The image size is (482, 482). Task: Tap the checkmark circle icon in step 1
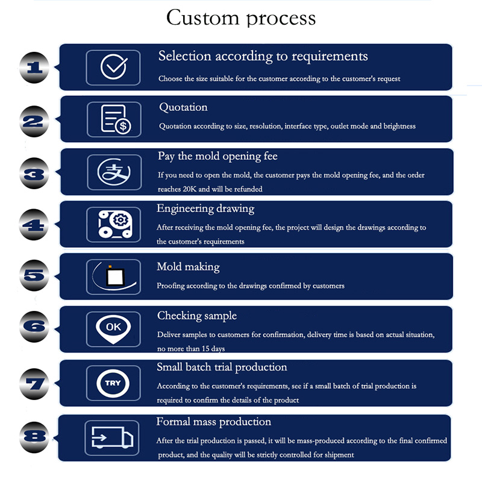pos(114,67)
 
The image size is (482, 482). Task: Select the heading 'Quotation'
pos(183,108)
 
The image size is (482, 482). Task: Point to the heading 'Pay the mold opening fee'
pos(218,157)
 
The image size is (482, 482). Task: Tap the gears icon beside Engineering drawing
pos(114,224)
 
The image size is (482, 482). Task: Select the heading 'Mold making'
pos(188,267)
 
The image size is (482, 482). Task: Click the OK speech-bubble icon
pos(114,328)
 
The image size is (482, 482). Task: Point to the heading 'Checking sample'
pos(197,316)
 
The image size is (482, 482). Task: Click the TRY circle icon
pos(114,383)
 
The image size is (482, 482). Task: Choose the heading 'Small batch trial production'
pos(222,368)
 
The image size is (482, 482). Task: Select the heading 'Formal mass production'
pos(214,422)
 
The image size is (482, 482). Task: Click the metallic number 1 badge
pos(36,67)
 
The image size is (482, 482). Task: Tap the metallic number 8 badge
pos(36,436)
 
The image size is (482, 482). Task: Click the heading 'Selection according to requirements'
pos(263,57)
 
